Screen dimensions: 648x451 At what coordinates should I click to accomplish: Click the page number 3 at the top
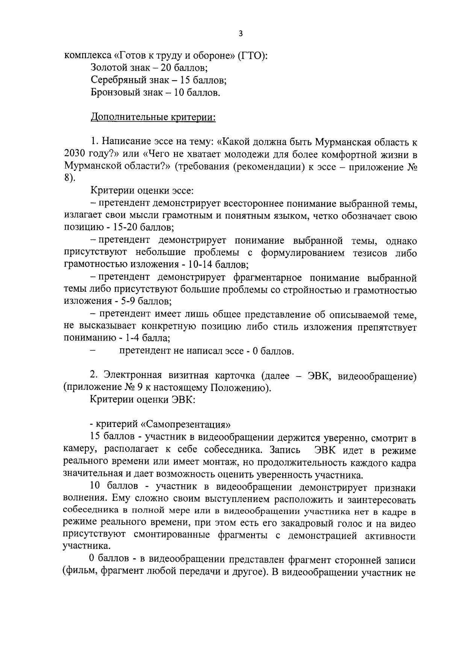(241, 34)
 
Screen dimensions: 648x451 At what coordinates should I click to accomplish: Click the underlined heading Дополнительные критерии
(153, 117)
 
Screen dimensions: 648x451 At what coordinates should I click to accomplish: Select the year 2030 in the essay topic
(75, 154)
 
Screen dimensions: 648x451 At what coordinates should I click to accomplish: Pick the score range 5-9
(127, 301)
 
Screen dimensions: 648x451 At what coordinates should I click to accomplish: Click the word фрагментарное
(267, 278)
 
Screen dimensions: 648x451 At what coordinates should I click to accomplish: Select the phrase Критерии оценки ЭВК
(142, 400)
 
